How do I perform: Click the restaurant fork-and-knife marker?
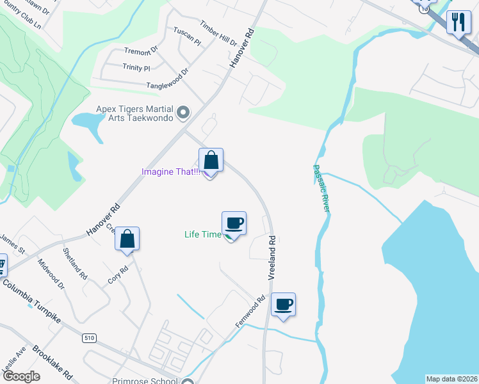459,24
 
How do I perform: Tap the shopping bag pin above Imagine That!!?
211,161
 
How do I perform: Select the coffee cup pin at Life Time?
234,223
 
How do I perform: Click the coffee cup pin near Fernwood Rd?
282,305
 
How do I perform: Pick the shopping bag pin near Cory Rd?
127,239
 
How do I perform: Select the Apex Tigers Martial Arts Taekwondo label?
136,114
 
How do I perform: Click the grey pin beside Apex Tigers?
184,113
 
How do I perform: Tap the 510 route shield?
88,337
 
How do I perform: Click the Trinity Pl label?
136,67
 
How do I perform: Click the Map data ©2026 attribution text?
451,379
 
